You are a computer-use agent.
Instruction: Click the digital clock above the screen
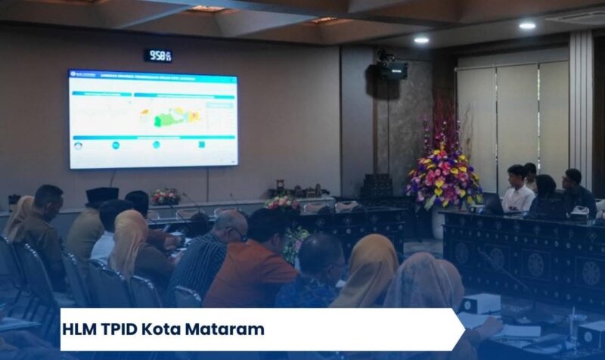click(158, 55)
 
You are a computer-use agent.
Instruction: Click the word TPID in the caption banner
click(126, 330)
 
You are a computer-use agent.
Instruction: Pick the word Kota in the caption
click(169, 330)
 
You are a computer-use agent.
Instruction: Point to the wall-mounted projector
click(392, 69)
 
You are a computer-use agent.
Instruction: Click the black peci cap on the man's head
click(101, 195)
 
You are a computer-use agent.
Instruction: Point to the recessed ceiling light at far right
click(527, 26)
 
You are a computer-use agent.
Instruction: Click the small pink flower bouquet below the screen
click(166, 197)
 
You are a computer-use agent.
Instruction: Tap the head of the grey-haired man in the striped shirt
click(230, 225)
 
